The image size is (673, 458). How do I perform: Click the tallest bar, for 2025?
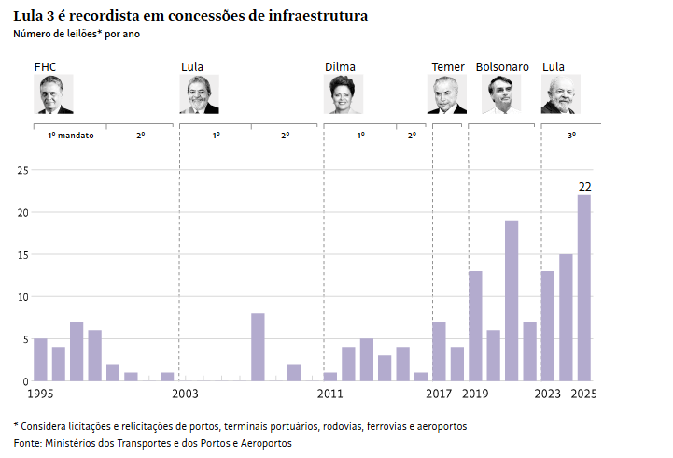pos(584,288)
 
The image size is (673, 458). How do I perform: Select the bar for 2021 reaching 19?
pos(512,301)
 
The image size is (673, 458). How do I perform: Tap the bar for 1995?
pos(40,360)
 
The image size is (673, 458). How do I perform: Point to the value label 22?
pos(585,186)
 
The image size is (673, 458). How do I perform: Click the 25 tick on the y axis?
pos(23,170)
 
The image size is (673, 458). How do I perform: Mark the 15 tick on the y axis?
pos(23,255)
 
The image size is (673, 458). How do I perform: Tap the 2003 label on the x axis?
pos(185,394)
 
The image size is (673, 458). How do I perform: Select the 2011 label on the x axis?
pos(329,394)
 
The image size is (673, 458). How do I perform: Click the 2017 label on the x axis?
pos(439,394)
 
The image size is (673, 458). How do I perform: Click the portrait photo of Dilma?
pos(343,94)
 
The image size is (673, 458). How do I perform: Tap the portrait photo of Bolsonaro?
pos(500,94)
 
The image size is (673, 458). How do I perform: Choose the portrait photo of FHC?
pos(55,94)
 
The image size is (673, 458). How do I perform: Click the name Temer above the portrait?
pos(447,67)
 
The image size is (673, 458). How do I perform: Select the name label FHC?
pos(45,67)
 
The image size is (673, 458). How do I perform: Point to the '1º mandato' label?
pos(71,136)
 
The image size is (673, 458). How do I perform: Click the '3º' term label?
pos(571,136)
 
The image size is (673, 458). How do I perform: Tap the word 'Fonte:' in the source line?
pos(28,442)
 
